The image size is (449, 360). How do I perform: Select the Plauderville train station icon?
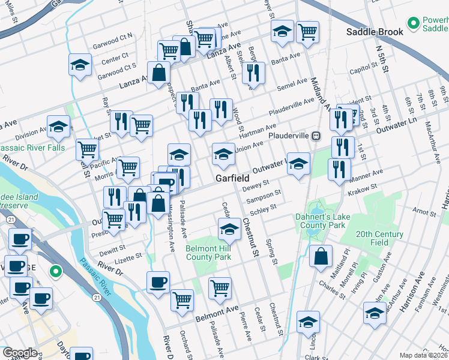[315, 136]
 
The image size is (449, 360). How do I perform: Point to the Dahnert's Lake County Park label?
[320, 221]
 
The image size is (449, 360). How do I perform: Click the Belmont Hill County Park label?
[208, 253]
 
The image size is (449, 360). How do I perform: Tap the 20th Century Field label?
[379, 238]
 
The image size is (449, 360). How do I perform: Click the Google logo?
[20, 353]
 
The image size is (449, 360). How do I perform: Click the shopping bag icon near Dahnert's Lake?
[321, 256]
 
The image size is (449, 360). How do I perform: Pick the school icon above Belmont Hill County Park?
[229, 229]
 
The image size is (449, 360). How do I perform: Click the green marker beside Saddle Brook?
[414, 23]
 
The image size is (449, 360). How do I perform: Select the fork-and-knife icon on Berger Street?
[253, 73]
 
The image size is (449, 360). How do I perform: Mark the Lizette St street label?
[129, 256]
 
